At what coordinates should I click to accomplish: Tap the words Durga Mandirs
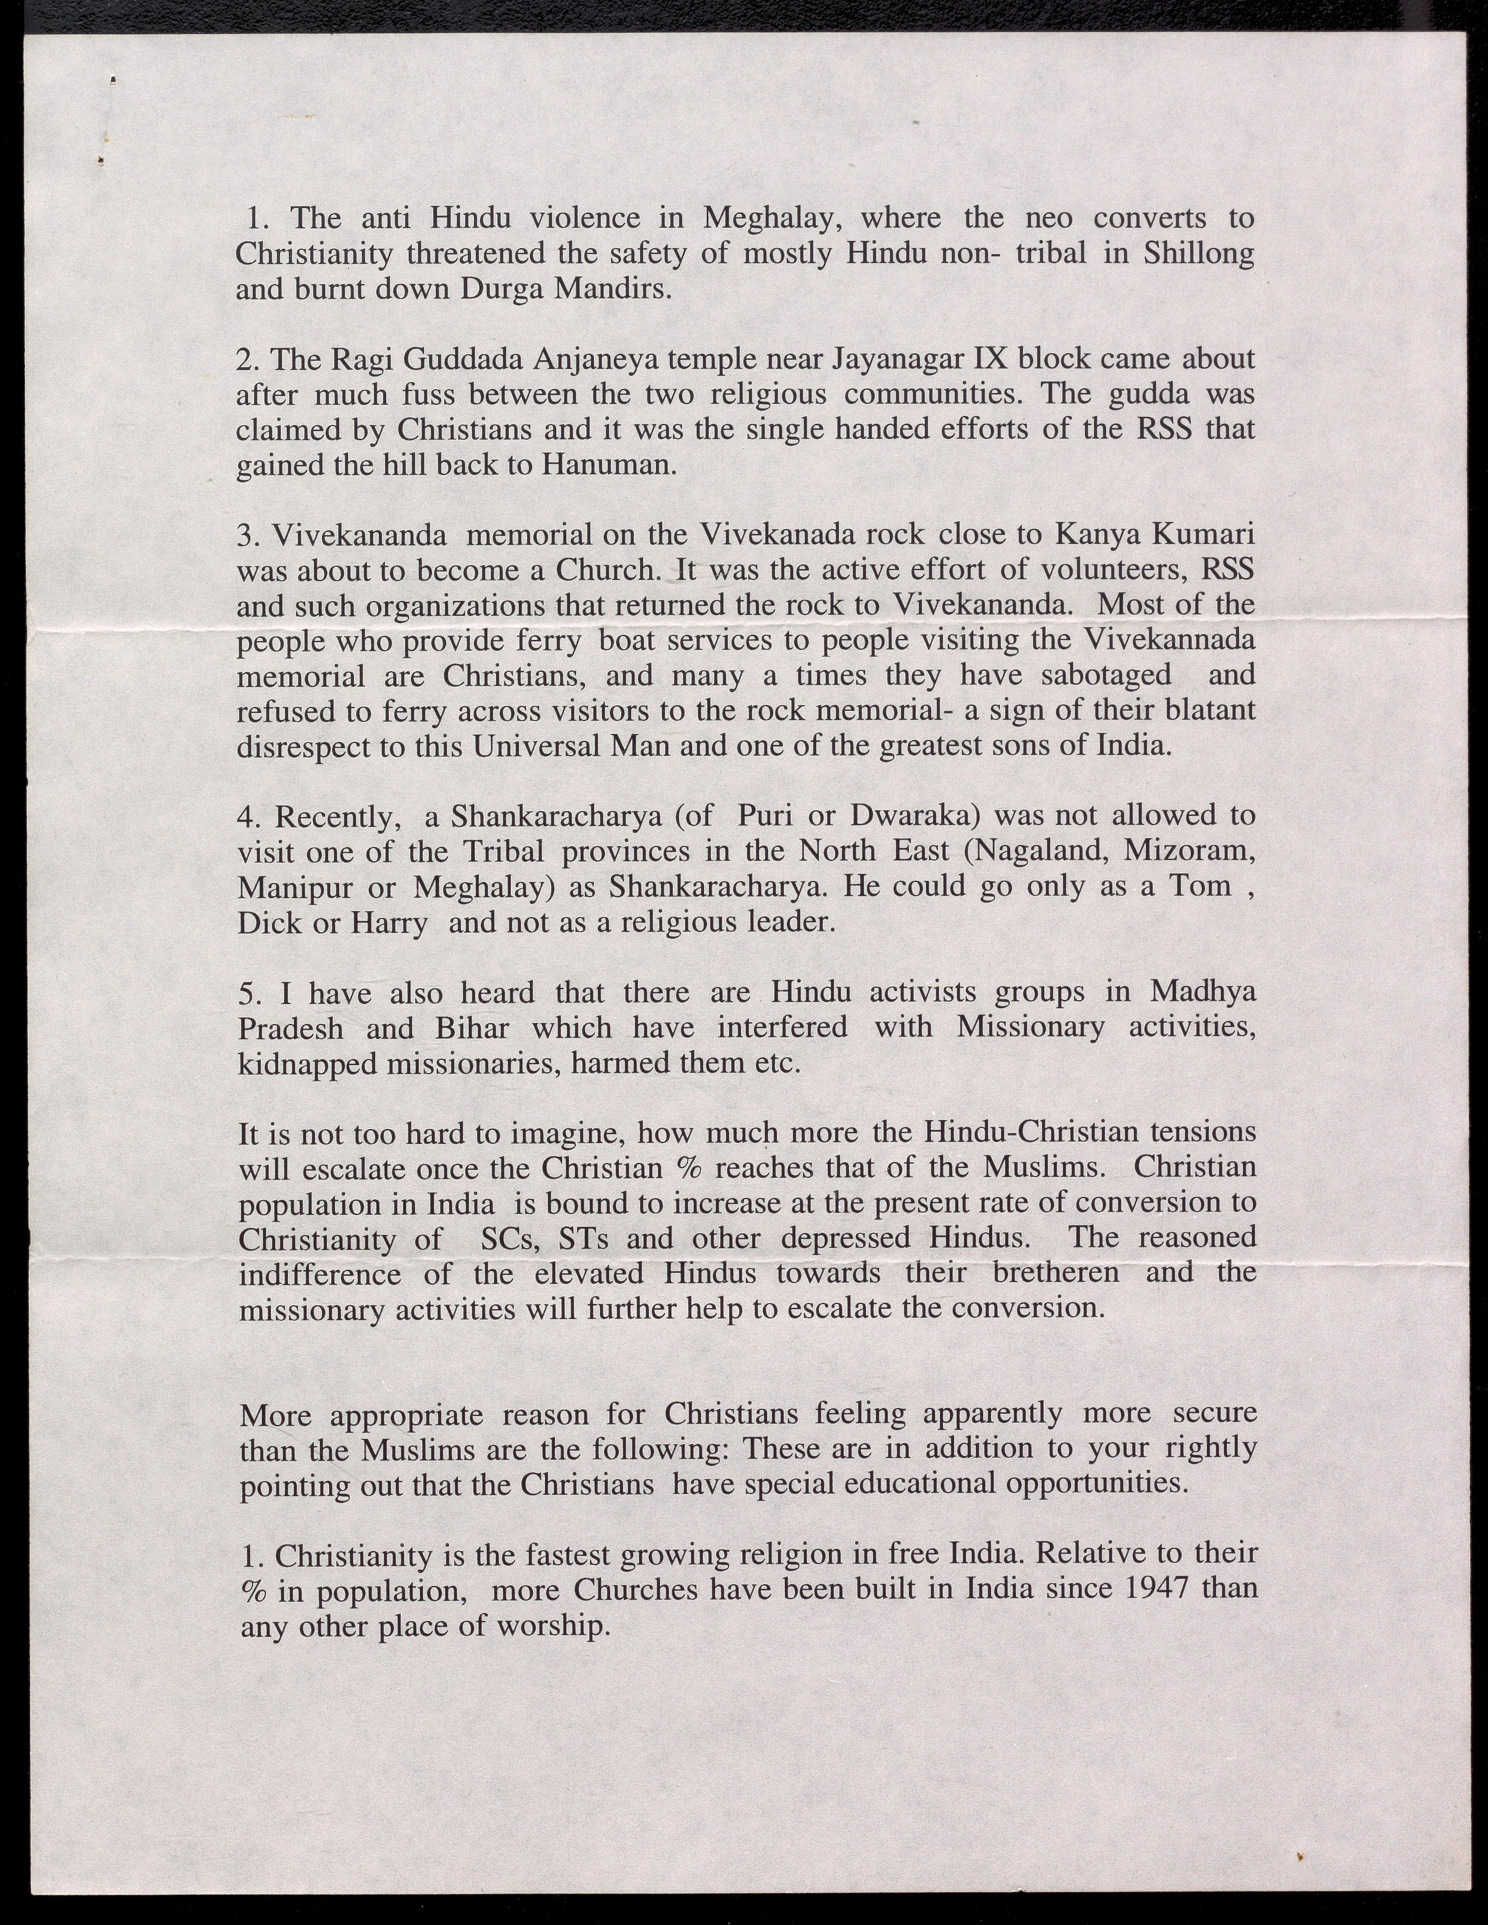coord(564,290)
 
